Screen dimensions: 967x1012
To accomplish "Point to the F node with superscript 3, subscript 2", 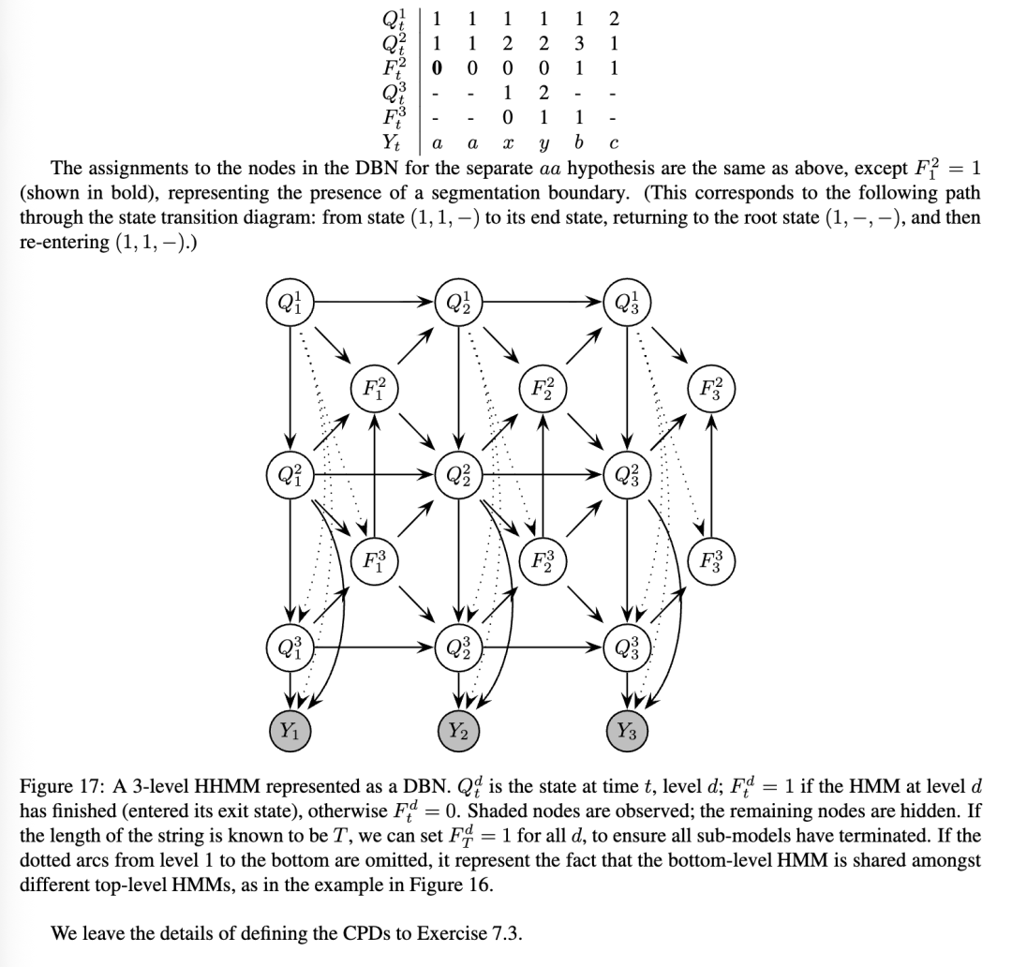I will click(543, 562).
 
